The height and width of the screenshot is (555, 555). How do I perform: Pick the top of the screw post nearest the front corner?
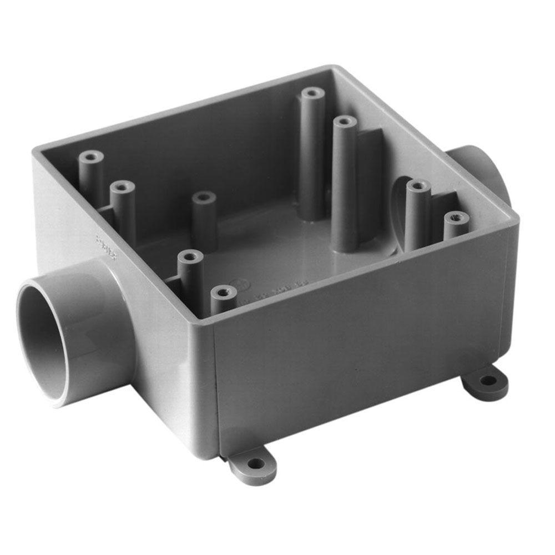[x=223, y=291]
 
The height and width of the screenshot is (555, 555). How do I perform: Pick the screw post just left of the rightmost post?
[x=416, y=186]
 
